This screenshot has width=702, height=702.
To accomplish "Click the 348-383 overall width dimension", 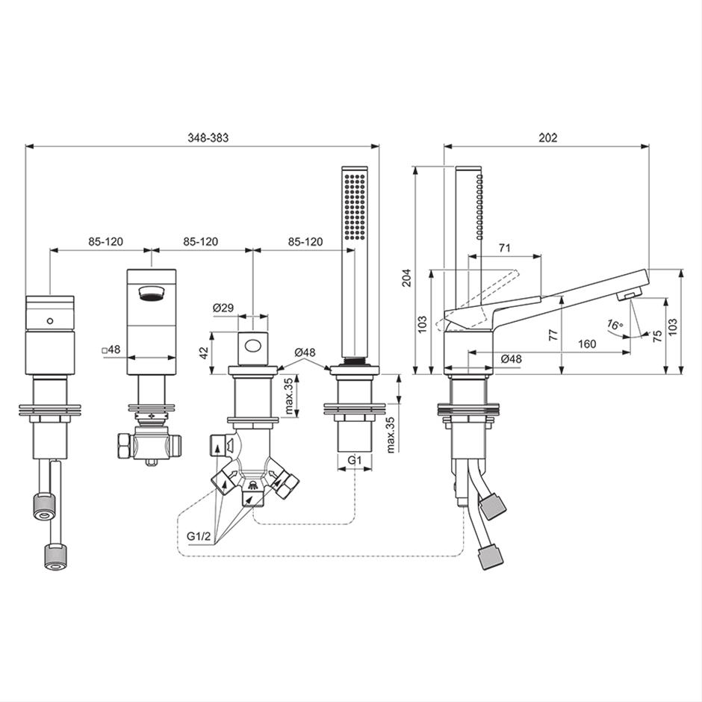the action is (x=208, y=137).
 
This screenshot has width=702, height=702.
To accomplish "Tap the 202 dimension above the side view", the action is (x=548, y=137).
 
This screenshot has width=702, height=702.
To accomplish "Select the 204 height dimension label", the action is (x=406, y=278).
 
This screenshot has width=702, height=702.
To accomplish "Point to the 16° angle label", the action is (x=615, y=324).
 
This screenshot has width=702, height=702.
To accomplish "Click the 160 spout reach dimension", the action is (x=587, y=344).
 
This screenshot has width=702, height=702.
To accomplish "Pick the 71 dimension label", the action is (x=505, y=248).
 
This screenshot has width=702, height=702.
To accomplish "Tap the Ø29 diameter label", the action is (x=223, y=308).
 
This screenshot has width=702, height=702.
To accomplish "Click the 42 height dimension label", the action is (x=204, y=352).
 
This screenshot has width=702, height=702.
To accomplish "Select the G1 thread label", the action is (x=354, y=460).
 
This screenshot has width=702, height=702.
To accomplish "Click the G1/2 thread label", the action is (x=199, y=536).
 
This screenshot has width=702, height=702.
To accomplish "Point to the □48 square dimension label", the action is (x=111, y=350).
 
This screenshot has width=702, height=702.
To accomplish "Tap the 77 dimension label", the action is (x=554, y=335).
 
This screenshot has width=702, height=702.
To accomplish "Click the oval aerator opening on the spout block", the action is (x=152, y=293).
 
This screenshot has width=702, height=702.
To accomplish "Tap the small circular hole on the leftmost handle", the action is (x=50, y=320).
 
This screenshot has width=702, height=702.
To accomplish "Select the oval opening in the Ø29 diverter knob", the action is (x=253, y=346).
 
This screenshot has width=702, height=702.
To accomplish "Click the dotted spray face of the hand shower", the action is (x=355, y=205).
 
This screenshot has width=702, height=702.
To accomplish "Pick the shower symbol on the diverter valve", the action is (x=253, y=485).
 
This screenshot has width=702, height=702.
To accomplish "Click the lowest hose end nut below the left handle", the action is (x=56, y=556).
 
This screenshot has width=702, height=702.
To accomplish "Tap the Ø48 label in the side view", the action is (x=512, y=358).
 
